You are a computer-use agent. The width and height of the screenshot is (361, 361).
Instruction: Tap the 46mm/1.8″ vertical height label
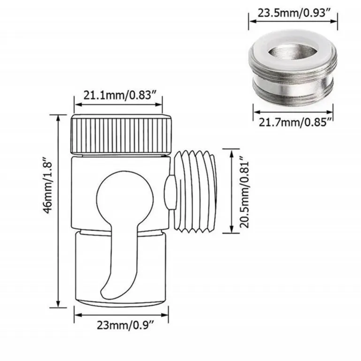[x=48, y=185]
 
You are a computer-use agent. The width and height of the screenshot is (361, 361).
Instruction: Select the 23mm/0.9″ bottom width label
[x=125, y=325]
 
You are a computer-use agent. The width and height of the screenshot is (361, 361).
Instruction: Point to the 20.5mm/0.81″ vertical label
[x=245, y=192]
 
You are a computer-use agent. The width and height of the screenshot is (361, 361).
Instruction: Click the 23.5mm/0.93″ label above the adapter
[x=293, y=13]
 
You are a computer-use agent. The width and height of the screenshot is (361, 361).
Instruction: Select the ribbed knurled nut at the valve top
[x=121, y=134]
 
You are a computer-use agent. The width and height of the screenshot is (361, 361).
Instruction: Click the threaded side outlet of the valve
[x=195, y=191]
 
